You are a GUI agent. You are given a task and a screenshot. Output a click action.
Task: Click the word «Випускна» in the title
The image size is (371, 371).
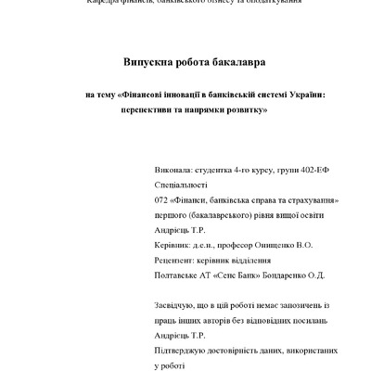pyautogui.click(x=152, y=62)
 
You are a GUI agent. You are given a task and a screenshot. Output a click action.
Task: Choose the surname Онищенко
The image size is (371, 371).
pyautogui.click(x=273, y=245)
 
